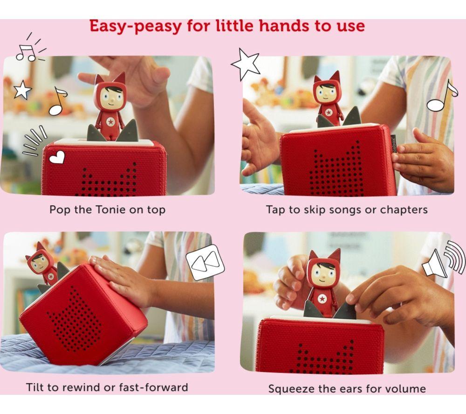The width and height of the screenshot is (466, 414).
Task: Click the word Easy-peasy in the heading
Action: pyautogui.click(x=135, y=26)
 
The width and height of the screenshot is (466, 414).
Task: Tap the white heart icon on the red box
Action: pyautogui.click(x=57, y=157)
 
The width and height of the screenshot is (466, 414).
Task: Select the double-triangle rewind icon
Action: pyautogui.click(x=205, y=262)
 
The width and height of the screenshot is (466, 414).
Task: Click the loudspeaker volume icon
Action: pyautogui.click(x=444, y=259)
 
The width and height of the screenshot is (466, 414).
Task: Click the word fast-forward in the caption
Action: pyautogui.click(x=154, y=387)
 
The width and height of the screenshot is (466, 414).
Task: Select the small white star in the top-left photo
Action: pyautogui.click(x=22, y=89)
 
